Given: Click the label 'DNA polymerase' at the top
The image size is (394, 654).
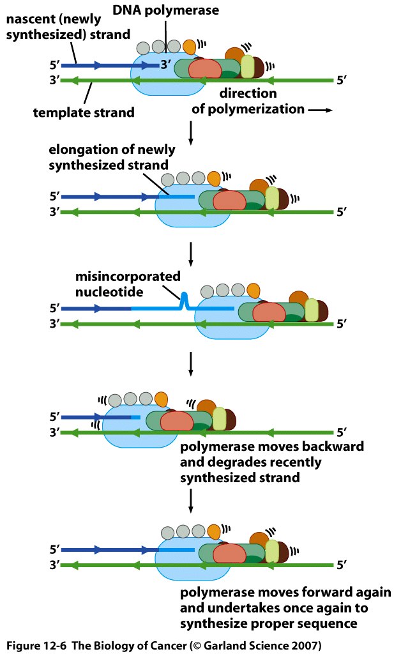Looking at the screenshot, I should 166,10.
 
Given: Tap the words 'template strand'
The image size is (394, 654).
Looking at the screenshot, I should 84,113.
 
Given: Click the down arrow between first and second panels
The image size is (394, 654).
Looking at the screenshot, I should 192,132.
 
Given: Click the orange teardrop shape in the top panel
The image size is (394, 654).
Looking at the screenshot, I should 190,47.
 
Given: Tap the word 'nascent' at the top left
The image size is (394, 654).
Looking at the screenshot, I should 27,20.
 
